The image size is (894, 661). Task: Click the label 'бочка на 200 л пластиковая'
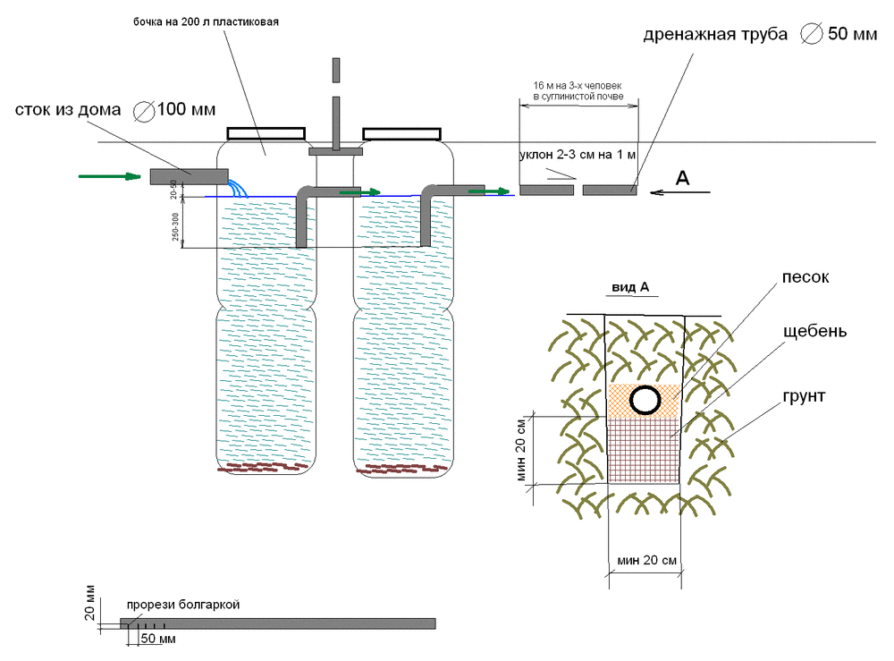(206, 22)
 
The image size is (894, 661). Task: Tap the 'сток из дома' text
(68, 109)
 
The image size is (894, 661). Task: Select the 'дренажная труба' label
(715, 35)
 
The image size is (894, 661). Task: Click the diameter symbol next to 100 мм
(144, 111)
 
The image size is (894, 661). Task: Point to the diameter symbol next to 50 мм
(812, 34)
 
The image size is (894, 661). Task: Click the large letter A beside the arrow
(682, 178)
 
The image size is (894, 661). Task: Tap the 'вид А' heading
(630, 287)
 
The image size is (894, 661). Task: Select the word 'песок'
(805, 277)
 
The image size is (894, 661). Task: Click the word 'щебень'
(814, 331)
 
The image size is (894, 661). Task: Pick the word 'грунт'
(804, 396)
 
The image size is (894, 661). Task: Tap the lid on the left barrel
(266, 133)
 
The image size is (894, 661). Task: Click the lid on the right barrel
(402, 134)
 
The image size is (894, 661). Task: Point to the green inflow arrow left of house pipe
(109, 176)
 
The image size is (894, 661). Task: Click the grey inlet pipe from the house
(189, 176)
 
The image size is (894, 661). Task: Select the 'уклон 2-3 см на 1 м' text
(578, 155)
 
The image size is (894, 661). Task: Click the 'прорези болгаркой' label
(183, 605)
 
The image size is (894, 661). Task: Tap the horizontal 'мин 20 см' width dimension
(646, 561)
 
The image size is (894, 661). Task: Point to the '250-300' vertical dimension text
(175, 226)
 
